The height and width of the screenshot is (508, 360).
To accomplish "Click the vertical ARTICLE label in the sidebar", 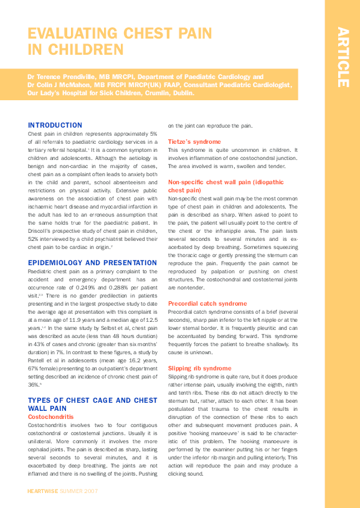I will [342, 57].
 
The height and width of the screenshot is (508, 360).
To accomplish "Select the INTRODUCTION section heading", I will [55, 125].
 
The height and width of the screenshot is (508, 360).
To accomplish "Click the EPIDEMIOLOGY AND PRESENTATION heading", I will [92, 263].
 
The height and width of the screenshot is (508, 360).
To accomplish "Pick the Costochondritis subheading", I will [52, 416].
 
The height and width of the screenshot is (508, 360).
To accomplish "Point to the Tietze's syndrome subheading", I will [194, 142].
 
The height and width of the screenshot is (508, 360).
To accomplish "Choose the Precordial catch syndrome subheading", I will [207, 303].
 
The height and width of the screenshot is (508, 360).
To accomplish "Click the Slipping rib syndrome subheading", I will [199, 368].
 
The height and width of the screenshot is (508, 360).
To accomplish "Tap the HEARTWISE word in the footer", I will [43, 491].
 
